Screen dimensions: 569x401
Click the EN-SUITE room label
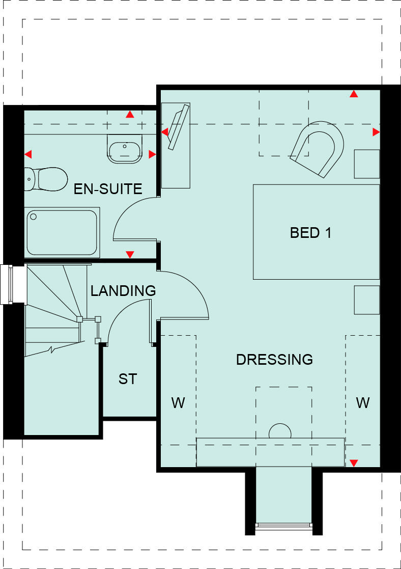[x=108, y=189]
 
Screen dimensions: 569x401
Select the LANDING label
[x=123, y=291]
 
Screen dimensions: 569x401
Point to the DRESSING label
[x=274, y=360]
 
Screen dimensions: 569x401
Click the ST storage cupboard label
[x=128, y=379]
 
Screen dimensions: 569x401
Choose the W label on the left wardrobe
[x=178, y=403]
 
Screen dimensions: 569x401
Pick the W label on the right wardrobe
[x=362, y=403]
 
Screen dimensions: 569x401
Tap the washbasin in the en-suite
[x=125, y=149]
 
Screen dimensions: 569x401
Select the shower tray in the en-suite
[x=62, y=232]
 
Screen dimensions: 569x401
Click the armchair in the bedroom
[x=318, y=148]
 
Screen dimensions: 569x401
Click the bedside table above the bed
[x=366, y=164]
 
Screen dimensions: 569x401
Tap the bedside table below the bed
[x=366, y=300]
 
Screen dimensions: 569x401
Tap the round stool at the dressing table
[x=279, y=431]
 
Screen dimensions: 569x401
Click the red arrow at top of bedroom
[x=353, y=94]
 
